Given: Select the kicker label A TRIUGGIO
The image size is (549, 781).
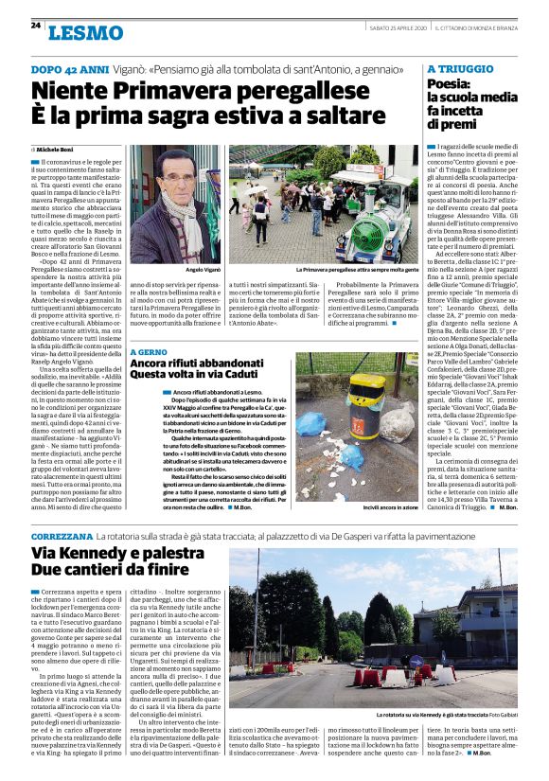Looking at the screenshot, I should coord(460,69).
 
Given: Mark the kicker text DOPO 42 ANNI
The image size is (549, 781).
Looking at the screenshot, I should coord(67,70).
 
